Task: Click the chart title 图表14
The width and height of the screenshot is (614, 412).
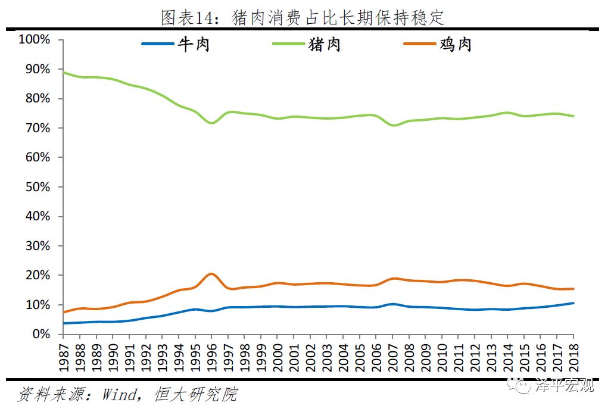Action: pyautogui.click(x=303, y=17)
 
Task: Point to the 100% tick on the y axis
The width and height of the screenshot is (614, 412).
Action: pyautogui.click(x=35, y=40)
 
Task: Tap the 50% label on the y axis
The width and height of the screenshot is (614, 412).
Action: pyautogui.click(x=38, y=187)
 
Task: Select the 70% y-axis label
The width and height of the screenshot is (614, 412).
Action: pyautogui.click(x=38, y=128)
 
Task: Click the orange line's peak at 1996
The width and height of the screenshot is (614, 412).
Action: pyautogui.click(x=211, y=274)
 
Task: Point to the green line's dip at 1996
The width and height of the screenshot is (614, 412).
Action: pyautogui.click(x=211, y=123)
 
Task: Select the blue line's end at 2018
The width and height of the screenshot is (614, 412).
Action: pyautogui.click(x=573, y=303)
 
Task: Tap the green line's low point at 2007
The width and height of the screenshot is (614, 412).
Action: pyautogui.click(x=392, y=125)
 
